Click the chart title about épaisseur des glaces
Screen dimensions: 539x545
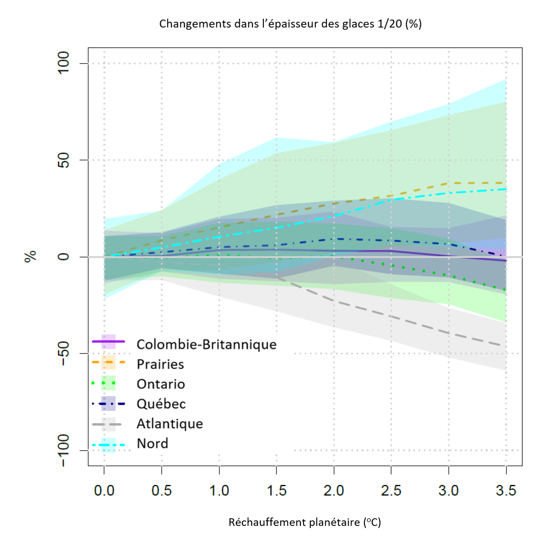(290, 24)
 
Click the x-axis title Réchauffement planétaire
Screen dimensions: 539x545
(304, 522)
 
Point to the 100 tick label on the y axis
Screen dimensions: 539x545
(63, 63)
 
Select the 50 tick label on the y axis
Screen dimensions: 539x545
(63, 160)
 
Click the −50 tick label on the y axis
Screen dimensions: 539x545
(63, 353)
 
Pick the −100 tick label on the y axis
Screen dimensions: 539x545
(63, 451)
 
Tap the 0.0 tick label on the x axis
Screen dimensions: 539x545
(104, 491)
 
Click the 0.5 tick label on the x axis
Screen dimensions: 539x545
(162, 491)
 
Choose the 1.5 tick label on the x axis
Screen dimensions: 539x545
(277, 491)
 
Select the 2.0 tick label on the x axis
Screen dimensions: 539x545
(334, 491)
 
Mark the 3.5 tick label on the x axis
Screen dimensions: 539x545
(506, 491)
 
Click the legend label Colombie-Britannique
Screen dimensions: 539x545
(206, 345)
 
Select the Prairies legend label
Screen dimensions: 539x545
(160, 364)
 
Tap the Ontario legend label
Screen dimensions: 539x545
(161, 384)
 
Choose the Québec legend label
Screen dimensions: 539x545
(161, 404)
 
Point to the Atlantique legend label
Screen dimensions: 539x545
(170, 424)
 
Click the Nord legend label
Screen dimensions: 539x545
(152, 443)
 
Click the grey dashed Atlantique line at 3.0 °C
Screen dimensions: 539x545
(449, 333)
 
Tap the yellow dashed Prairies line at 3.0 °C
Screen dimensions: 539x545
(449, 183)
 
